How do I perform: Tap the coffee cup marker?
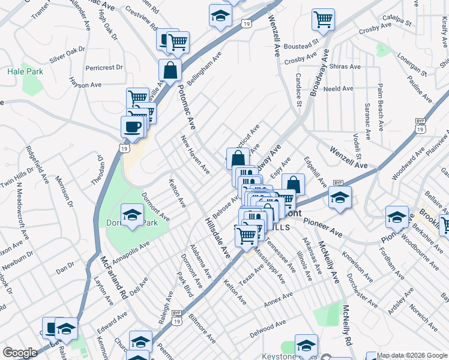click(x=132, y=127)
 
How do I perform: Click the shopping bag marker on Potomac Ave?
click(x=171, y=70)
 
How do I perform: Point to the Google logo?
click(x=20, y=353)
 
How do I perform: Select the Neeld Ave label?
click(x=339, y=89)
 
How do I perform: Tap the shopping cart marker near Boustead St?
click(x=323, y=20)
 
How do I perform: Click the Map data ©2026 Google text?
click(x=412, y=355)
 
